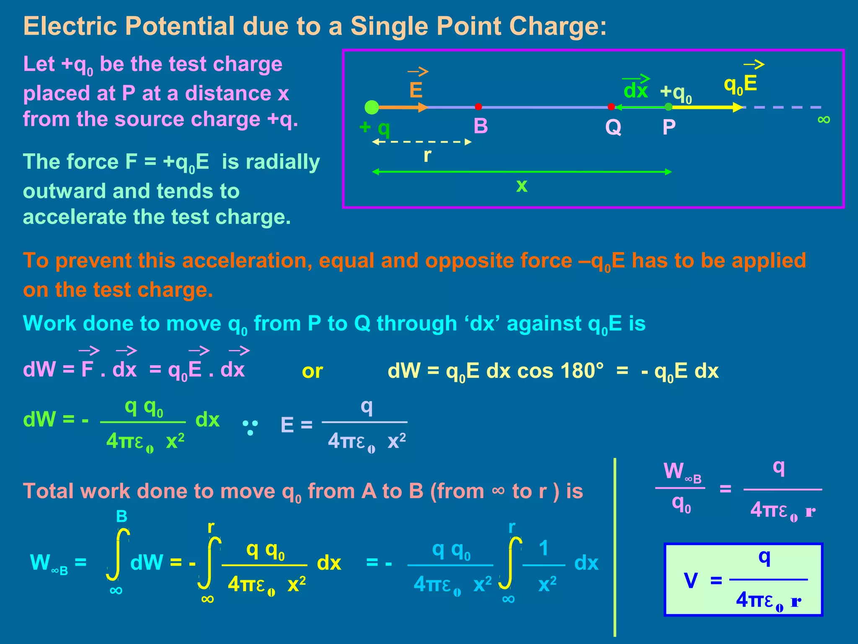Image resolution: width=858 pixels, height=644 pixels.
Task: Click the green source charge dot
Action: point(372,107)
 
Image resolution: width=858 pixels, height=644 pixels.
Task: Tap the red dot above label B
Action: point(478,107)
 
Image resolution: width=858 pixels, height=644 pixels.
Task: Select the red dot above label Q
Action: point(611,107)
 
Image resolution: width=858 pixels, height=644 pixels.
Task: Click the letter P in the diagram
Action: point(669,127)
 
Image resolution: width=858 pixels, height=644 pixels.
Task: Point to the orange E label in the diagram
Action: point(416,90)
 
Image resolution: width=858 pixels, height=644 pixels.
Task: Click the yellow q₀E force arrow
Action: point(708,107)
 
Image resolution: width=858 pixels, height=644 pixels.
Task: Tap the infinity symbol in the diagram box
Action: point(824,120)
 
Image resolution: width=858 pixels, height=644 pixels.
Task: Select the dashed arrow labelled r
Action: point(422,142)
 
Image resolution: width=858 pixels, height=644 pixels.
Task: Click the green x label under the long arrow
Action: point(522,185)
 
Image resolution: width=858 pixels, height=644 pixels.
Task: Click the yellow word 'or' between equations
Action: point(312,371)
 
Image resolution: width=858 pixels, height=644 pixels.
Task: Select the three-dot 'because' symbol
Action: point(250,428)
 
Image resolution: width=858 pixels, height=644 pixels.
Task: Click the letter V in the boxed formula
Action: point(691,581)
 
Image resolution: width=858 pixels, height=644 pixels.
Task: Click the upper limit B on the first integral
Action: point(121,516)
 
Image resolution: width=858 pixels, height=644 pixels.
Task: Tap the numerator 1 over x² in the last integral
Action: point(544,548)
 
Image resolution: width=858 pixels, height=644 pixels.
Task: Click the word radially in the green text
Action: point(271,162)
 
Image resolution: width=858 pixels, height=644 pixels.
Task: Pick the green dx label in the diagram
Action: point(636,91)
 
